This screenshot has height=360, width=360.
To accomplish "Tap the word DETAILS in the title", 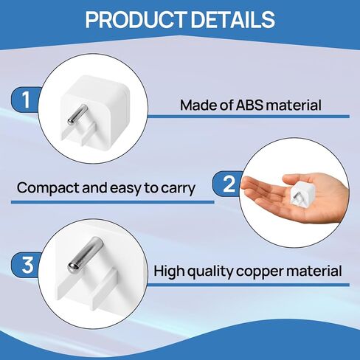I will [x=232, y=20].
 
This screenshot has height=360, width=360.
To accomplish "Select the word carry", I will [x=176, y=189].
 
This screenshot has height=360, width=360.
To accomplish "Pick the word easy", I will [x=128, y=189].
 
